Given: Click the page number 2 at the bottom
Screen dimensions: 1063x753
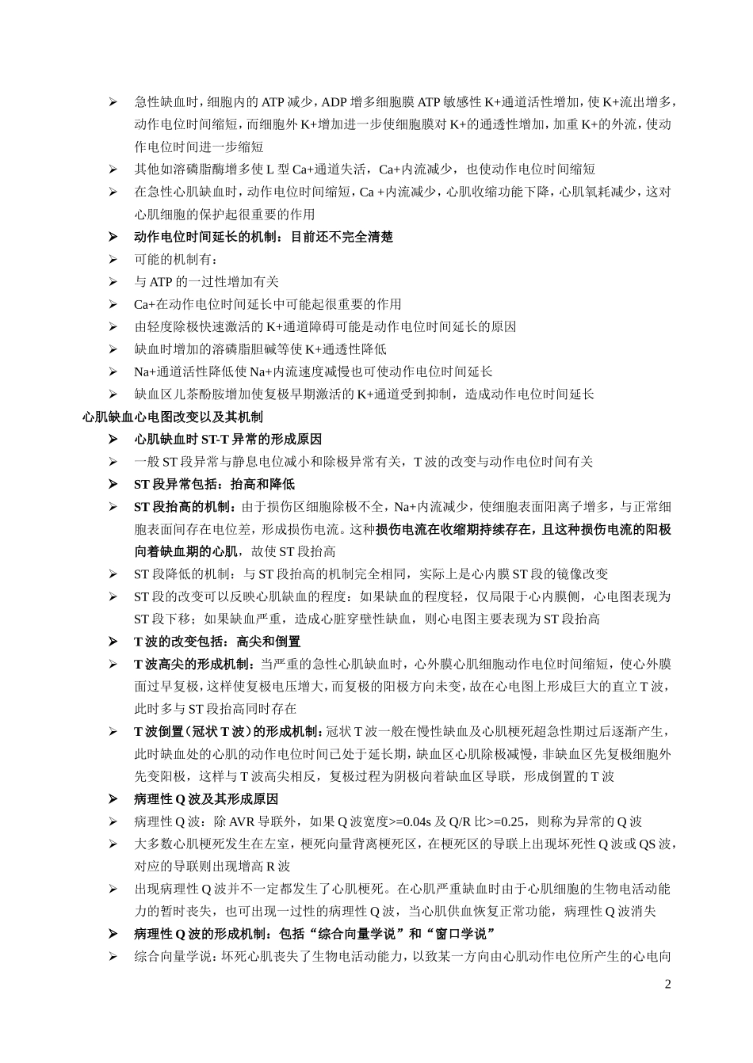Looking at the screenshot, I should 667,985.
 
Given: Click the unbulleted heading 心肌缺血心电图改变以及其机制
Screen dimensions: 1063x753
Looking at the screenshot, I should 173,417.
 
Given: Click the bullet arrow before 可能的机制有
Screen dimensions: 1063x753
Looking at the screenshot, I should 113,260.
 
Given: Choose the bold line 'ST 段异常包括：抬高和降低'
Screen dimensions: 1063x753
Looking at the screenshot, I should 214,484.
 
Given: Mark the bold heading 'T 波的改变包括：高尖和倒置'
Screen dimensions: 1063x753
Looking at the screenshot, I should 217,642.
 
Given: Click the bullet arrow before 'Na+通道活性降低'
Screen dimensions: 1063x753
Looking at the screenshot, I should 113,372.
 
